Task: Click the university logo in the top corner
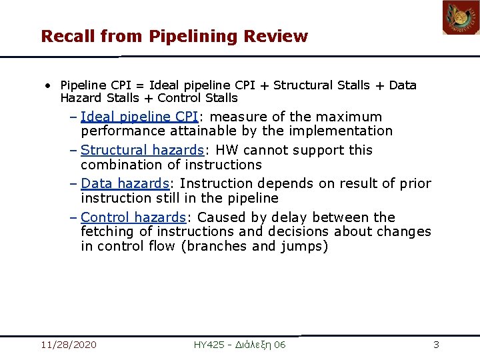(461, 18)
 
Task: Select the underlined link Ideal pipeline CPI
(139, 117)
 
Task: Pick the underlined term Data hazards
(125, 184)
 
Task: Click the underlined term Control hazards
(133, 218)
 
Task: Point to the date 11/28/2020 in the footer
(68, 345)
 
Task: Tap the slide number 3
(436, 345)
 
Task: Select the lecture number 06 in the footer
(279, 345)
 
